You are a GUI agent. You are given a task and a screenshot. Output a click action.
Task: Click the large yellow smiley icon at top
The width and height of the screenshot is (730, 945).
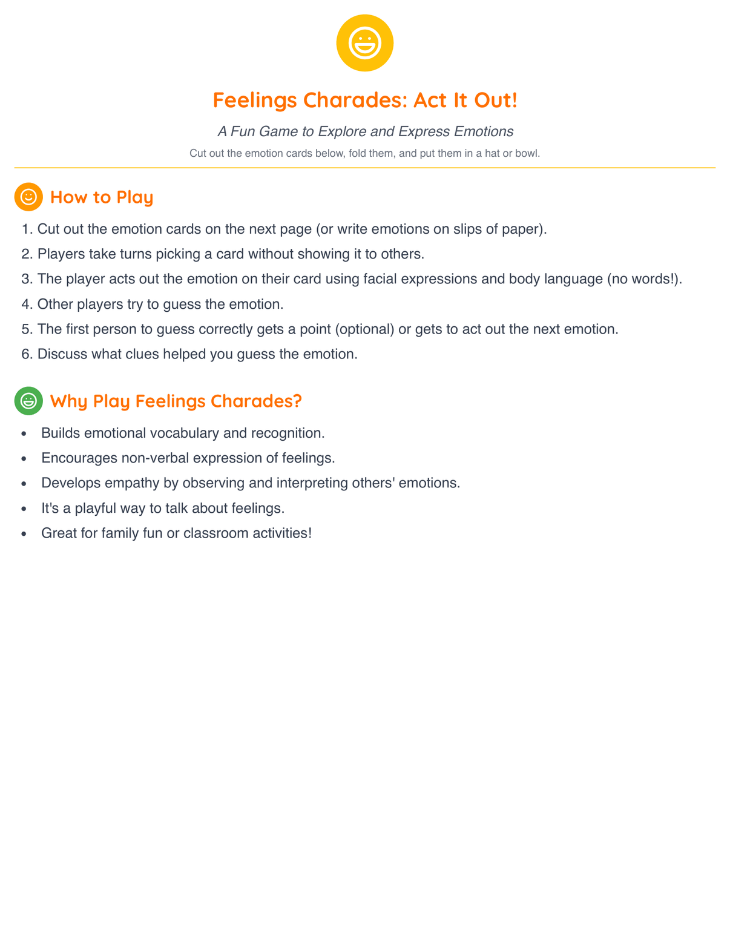[364, 43]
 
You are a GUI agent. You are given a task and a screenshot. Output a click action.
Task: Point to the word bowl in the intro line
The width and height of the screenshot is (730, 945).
[526, 154]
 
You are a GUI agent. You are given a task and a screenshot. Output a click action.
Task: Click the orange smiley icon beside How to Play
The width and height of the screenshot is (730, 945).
[28, 197]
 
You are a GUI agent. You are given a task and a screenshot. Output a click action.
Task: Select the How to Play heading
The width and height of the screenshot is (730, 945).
[102, 197]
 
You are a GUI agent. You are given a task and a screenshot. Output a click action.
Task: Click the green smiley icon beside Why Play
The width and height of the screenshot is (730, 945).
[28, 401]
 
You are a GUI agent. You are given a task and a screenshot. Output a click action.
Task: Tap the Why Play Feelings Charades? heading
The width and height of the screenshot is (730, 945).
[176, 401]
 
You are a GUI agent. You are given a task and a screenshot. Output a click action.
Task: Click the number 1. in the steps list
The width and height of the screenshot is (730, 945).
[27, 229]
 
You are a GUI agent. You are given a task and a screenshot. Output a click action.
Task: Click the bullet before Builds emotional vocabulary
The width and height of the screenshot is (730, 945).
[24, 434]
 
